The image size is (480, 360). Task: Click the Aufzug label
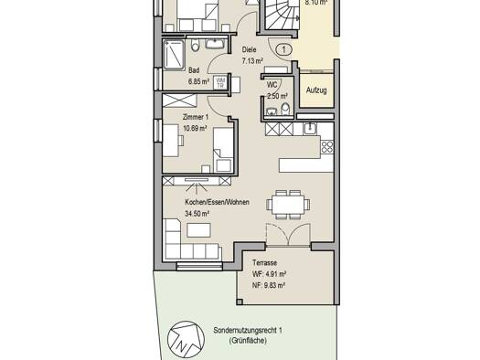(316, 90)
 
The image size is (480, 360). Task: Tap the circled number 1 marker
(284, 49)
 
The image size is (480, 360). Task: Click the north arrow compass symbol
(187, 339)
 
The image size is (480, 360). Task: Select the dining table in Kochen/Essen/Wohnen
(288, 204)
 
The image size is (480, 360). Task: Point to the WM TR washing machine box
(220, 82)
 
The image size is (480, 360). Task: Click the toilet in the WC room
(285, 110)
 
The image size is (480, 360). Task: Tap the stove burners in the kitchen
(327, 147)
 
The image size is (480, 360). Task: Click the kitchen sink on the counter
(310, 129)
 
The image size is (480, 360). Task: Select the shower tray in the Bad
(174, 56)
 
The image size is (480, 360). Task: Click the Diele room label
(249, 49)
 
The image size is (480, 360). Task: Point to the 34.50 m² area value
(197, 213)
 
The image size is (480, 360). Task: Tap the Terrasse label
(264, 262)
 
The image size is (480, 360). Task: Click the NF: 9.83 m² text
(269, 285)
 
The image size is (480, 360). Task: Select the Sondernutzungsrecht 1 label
(248, 331)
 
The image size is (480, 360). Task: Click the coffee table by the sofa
(198, 230)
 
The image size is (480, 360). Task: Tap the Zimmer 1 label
(196, 117)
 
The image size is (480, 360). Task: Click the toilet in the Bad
(195, 45)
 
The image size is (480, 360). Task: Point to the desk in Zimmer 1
(170, 141)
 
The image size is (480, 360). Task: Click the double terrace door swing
(288, 235)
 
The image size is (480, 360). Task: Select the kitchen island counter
(306, 165)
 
